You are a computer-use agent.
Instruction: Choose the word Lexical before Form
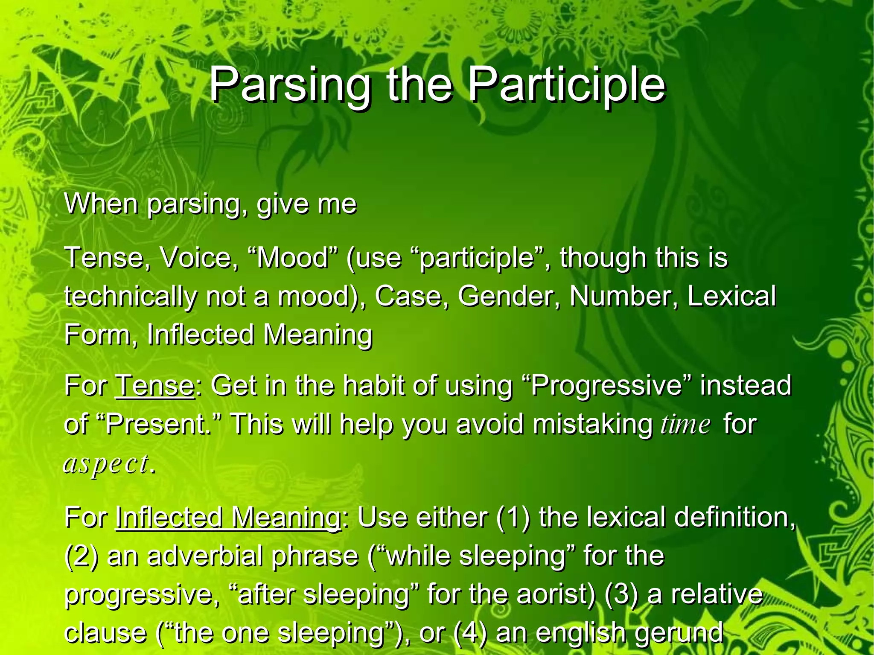(731, 296)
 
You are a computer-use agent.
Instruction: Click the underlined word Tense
(154, 385)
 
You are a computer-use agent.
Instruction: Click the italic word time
(686, 425)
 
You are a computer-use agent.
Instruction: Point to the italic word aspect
(106, 464)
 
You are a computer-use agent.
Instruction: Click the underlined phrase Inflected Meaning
(227, 518)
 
